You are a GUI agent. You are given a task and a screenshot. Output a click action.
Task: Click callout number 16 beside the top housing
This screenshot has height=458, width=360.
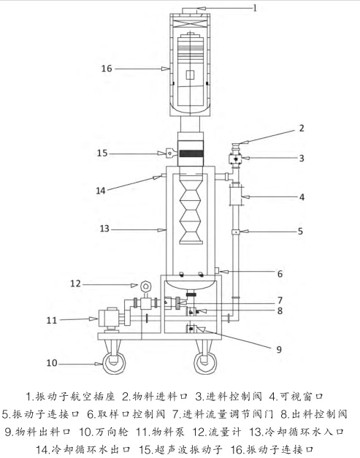(x=107, y=69)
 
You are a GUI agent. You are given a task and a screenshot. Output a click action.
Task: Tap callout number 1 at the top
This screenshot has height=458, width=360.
(x=255, y=8)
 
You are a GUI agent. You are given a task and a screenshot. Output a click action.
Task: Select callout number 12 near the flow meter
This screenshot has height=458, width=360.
(x=75, y=283)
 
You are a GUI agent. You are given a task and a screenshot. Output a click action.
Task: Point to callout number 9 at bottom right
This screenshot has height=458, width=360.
(x=279, y=349)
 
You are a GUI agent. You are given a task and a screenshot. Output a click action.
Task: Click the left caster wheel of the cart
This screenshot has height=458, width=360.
(x=114, y=363)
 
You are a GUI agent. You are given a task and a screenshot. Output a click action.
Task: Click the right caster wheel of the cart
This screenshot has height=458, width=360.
(x=205, y=363)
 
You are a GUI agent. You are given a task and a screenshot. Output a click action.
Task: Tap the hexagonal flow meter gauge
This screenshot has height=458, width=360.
(x=145, y=286)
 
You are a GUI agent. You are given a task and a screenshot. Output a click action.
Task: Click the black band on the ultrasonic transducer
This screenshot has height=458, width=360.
(x=191, y=153)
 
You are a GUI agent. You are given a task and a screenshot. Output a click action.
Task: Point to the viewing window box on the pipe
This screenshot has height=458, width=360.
(x=236, y=196)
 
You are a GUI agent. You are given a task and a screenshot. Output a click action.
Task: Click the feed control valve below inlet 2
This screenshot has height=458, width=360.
(x=235, y=159)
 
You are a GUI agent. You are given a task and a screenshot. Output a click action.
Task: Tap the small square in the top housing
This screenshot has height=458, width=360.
(x=190, y=75)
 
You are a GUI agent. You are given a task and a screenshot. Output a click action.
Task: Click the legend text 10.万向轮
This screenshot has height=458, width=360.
(x=104, y=432)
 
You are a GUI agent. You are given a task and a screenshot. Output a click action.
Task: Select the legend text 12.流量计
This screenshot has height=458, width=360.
(x=217, y=432)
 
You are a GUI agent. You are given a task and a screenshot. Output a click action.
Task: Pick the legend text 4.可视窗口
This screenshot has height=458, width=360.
(x=296, y=397)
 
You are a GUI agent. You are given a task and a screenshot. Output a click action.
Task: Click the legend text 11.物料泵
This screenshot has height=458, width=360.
(x=160, y=432)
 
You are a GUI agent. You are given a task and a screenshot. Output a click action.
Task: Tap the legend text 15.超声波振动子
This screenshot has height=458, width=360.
(x=180, y=449)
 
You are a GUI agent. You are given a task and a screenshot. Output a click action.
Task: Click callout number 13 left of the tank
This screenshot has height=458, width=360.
(x=104, y=229)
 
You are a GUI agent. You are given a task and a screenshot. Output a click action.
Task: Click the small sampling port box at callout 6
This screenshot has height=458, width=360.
(x=217, y=270)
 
